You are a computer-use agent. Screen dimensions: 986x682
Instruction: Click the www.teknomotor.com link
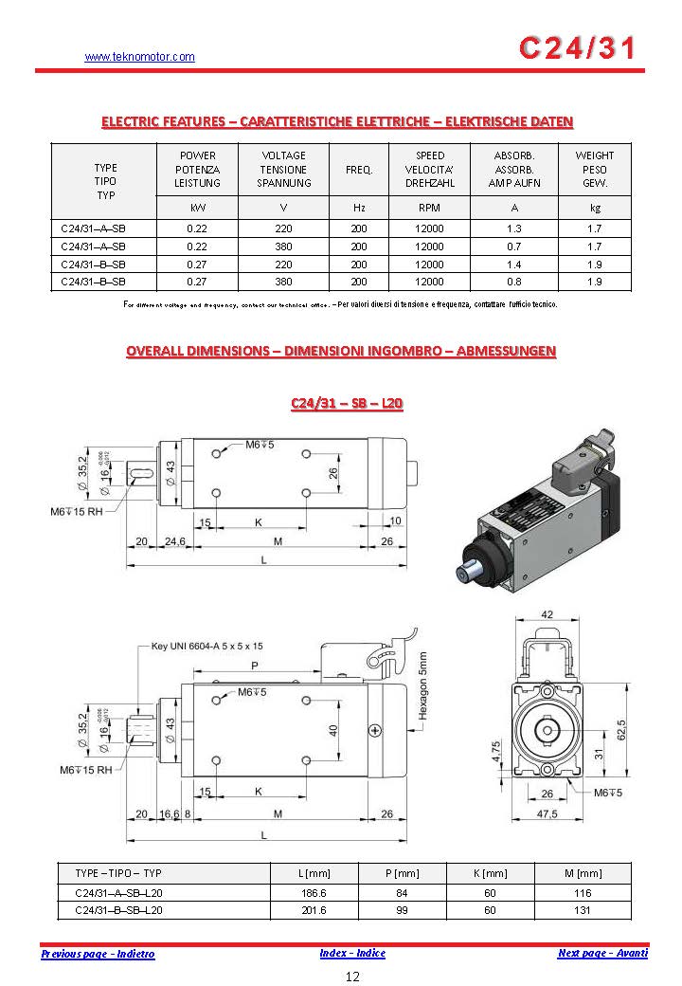point(139,57)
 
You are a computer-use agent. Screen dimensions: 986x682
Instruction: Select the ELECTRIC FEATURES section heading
point(337,121)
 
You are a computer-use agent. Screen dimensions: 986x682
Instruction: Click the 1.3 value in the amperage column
point(514,228)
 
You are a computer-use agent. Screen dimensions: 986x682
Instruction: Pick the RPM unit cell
point(429,207)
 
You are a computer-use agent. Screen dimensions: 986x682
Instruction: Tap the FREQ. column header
point(359,170)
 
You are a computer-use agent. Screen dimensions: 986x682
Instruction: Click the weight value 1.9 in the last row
point(594,282)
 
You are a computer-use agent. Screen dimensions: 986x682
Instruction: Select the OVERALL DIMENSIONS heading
point(341,351)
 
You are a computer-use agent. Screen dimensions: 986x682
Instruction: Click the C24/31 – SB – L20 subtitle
point(347,404)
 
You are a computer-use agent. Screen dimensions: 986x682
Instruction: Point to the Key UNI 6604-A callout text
point(207,646)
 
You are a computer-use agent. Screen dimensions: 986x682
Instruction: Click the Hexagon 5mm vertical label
point(423,686)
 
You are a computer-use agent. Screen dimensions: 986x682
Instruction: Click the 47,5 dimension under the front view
point(547,814)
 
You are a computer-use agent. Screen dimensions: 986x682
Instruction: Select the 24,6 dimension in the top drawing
point(174,541)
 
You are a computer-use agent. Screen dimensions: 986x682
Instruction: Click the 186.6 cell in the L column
point(312,893)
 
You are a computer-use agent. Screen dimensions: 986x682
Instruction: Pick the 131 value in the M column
point(583,910)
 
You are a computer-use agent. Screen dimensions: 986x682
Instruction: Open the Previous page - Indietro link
point(98,954)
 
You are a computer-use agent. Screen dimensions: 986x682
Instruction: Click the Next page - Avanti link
point(602,953)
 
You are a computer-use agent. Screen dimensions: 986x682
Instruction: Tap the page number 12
point(352,977)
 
